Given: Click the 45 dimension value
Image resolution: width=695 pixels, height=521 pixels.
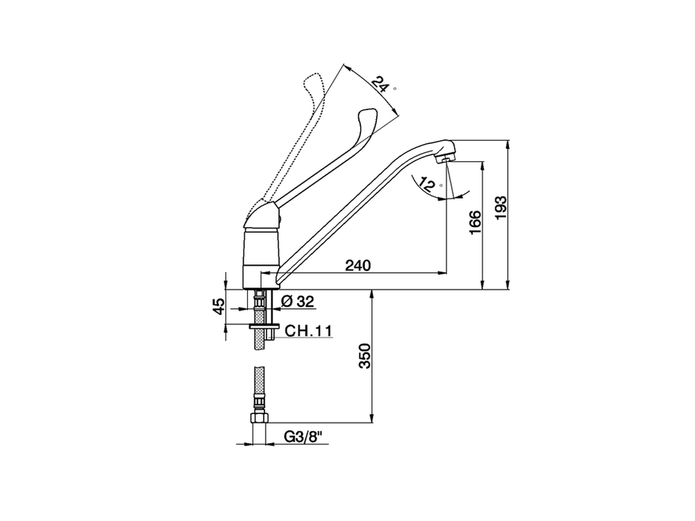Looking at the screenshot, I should click(x=218, y=307).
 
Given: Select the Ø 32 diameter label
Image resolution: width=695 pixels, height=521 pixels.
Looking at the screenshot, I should click(x=298, y=302).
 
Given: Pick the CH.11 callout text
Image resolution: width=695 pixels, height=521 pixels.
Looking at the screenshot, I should click(x=308, y=331).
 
